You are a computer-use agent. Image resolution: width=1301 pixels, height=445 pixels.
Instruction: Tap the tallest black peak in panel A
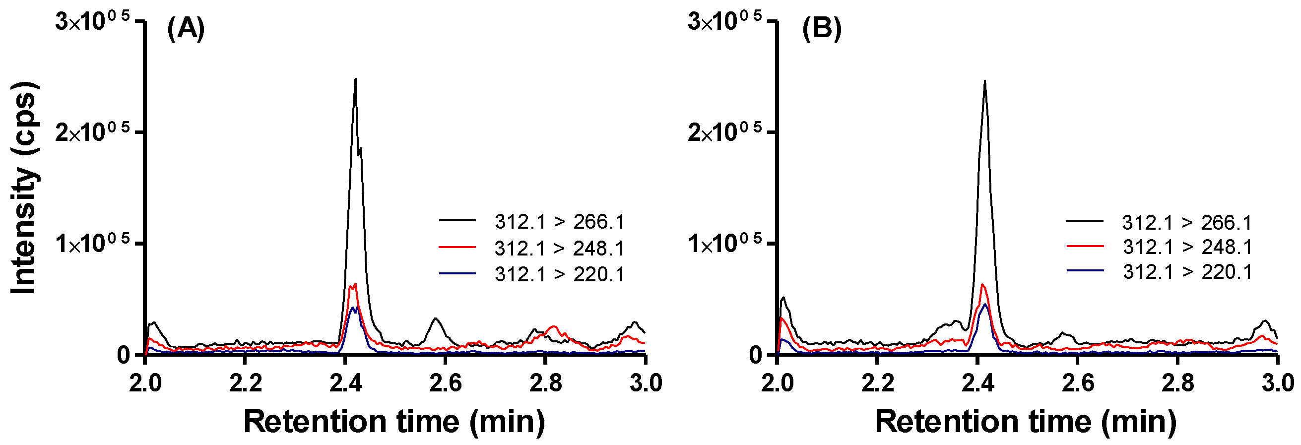(x=356, y=80)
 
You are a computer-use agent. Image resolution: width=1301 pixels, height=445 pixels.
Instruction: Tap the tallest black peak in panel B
(x=984, y=82)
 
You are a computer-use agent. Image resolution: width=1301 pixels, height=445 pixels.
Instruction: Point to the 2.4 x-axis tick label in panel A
(x=345, y=383)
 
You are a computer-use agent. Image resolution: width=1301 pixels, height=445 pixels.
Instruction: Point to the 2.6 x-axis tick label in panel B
(x=1078, y=383)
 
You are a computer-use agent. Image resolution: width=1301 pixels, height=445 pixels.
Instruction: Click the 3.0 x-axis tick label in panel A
(x=646, y=383)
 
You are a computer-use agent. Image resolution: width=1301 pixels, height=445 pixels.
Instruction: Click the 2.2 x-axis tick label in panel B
(x=877, y=383)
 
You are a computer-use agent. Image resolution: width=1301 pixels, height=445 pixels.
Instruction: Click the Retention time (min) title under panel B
(x=1025, y=422)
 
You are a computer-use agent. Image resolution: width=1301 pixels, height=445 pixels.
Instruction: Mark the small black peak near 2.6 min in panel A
(x=435, y=319)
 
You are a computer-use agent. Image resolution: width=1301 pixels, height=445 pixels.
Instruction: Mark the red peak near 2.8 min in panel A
(x=554, y=327)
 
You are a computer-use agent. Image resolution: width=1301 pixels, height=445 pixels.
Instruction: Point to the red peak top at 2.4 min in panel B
(x=982, y=285)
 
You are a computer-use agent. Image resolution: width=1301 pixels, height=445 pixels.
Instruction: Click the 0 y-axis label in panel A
(x=124, y=355)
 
